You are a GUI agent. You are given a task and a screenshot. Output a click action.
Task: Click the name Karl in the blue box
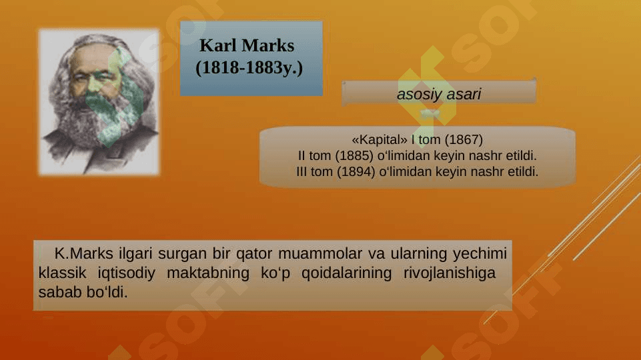click(x=217, y=45)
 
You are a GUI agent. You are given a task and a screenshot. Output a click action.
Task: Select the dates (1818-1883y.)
click(x=249, y=68)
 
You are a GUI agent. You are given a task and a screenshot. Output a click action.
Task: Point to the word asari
click(x=464, y=95)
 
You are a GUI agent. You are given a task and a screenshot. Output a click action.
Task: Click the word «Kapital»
click(x=380, y=140)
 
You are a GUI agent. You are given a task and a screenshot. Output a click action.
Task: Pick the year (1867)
click(x=464, y=140)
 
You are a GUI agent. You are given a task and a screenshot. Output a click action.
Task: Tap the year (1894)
click(x=356, y=171)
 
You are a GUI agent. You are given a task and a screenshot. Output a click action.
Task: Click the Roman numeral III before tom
click(x=301, y=171)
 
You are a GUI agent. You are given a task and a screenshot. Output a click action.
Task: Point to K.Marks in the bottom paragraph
click(x=84, y=253)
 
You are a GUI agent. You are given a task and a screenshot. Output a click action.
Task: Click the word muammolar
click(x=320, y=253)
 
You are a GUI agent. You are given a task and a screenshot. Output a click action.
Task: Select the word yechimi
click(x=480, y=254)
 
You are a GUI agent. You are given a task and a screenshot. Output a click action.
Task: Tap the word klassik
click(x=62, y=273)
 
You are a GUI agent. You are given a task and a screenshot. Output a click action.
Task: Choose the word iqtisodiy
click(x=126, y=273)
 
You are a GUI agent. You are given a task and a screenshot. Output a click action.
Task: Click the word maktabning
click(x=207, y=273)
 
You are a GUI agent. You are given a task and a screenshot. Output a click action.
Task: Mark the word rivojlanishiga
click(x=450, y=273)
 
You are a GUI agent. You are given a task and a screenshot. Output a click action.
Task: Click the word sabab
click(x=59, y=292)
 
